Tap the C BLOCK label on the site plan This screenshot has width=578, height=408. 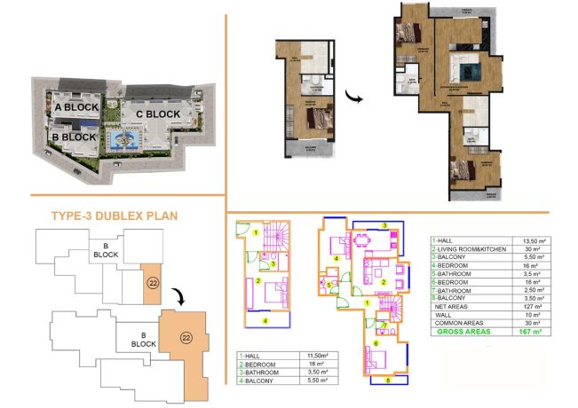[158, 114]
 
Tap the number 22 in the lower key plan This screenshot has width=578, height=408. [185, 337]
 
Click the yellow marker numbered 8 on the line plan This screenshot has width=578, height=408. [386, 380]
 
